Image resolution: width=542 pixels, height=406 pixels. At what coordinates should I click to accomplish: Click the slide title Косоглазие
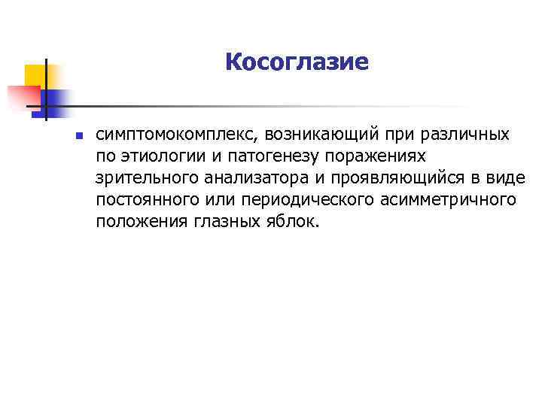[x=297, y=62]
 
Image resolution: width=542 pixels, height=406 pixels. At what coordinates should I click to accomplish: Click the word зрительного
[x=141, y=178]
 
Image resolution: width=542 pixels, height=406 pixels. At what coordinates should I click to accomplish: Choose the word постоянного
[x=145, y=200]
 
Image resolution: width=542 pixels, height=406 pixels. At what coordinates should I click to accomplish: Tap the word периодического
[x=301, y=200]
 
